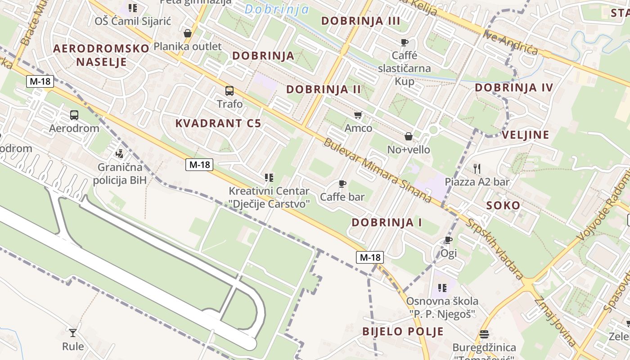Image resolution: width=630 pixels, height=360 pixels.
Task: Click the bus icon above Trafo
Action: [229, 91]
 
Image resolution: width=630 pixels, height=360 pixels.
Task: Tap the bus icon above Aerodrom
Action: [74, 115]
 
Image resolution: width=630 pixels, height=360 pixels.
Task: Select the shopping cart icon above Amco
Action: [358, 115]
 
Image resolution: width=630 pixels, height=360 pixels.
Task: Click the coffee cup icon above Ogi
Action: [448, 240]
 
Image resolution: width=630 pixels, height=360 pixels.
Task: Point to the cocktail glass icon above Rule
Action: [72, 333]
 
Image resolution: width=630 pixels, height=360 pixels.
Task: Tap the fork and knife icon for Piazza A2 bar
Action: [477, 169]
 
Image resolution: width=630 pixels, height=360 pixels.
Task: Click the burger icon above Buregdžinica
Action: [484, 334]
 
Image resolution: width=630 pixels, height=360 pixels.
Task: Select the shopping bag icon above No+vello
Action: [409, 136]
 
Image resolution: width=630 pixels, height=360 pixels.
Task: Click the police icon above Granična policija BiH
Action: [119, 154]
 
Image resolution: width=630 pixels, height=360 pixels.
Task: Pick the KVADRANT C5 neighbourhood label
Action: [218, 123]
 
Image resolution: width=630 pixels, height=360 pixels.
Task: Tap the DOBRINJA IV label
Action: [513, 88]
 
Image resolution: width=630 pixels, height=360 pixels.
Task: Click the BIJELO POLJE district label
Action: [403, 332]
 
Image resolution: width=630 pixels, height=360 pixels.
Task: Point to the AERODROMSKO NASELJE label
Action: [101, 55]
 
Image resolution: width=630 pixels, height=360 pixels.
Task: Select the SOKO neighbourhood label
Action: [503, 206]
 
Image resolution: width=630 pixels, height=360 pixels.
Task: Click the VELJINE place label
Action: [525, 135]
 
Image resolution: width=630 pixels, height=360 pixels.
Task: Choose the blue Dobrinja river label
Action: [277, 9]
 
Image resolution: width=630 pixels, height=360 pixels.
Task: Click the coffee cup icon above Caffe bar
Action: [342, 184]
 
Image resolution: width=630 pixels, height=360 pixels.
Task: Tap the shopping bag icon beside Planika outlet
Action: [188, 33]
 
